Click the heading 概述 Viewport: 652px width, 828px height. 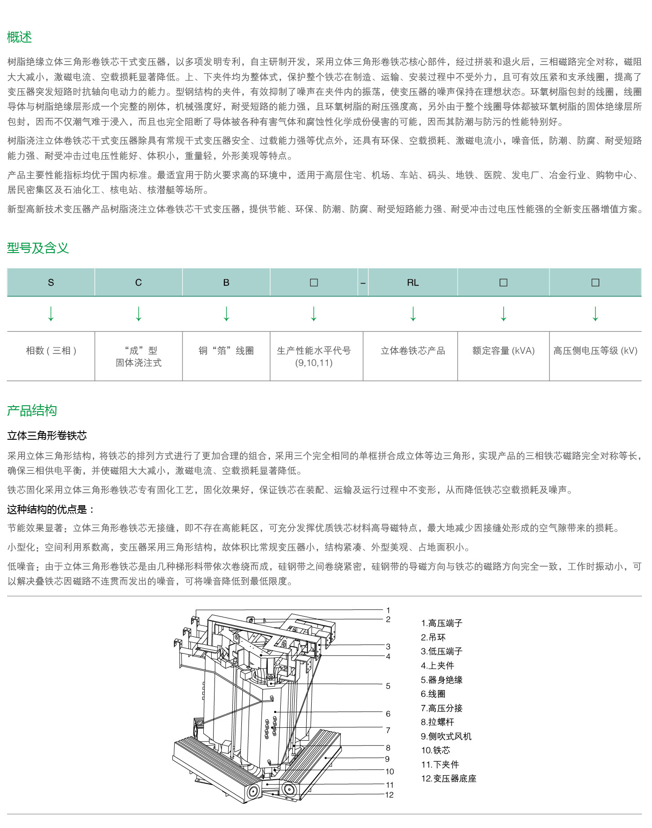point(19,37)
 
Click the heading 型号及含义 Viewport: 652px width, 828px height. point(38,248)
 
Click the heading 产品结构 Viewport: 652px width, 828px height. point(32,410)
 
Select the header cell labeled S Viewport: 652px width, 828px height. point(51,283)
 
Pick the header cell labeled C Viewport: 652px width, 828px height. point(138,283)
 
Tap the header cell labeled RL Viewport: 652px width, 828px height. point(412,283)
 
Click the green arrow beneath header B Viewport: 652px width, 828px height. point(226,313)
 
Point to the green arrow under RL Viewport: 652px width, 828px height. point(413,313)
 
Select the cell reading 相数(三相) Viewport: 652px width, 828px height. point(51,351)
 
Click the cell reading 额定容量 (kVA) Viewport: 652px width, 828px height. point(503,351)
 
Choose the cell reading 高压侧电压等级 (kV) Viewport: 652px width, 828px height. point(595,351)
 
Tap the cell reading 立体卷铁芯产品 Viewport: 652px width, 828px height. point(412,351)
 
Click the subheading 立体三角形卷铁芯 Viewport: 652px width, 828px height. point(47,435)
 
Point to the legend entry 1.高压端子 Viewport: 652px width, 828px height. point(442,623)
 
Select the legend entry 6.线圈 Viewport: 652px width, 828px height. point(433,694)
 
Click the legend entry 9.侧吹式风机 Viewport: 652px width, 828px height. point(446,736)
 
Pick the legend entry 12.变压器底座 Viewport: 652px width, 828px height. point(449,778)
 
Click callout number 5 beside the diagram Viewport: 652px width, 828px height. point(388,686)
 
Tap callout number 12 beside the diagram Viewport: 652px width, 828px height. point(389,795)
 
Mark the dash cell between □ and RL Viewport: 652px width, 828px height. point(363,283)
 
